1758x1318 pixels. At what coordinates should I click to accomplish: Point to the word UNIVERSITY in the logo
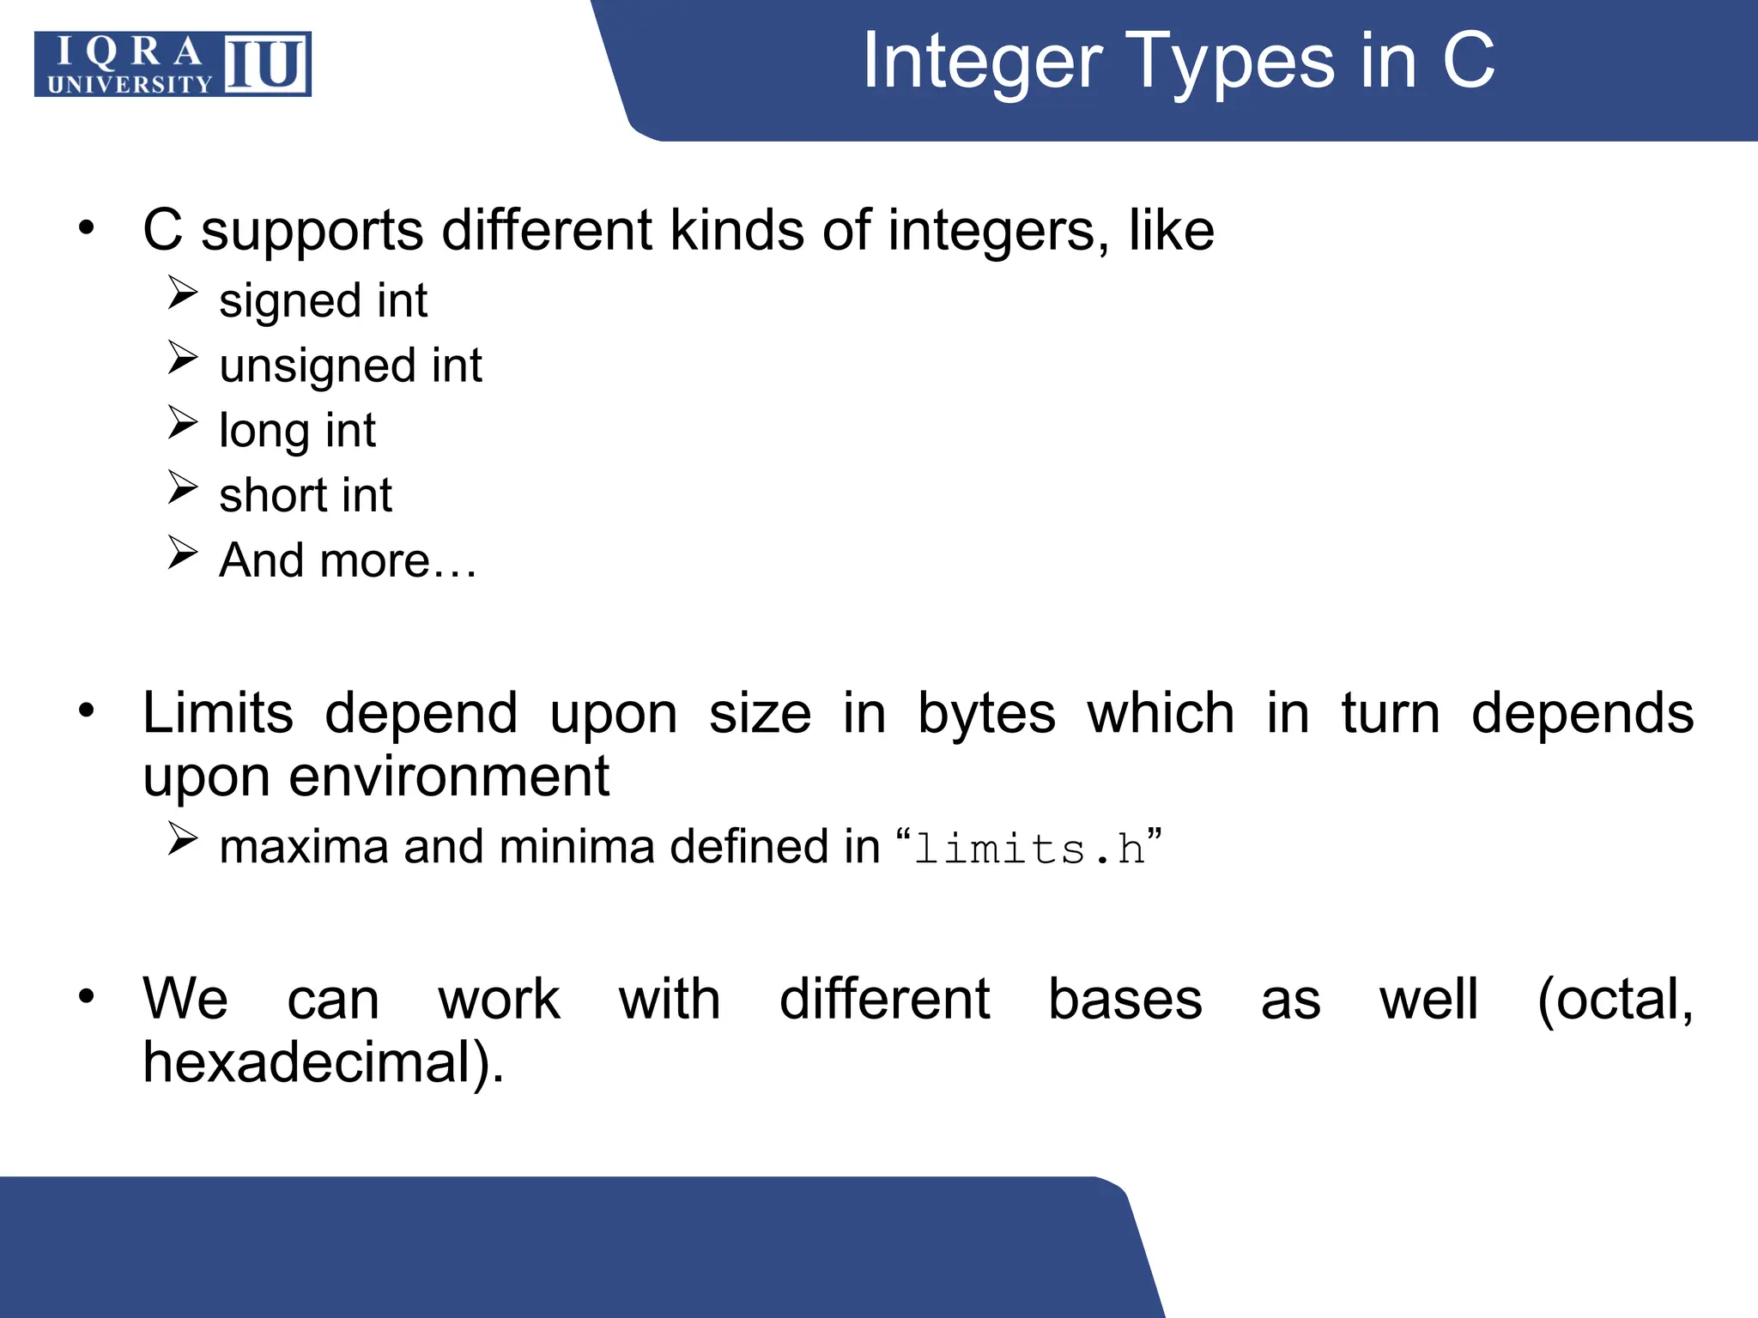(x=130, y=84)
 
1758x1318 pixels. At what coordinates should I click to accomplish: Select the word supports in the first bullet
(x=312, y=232)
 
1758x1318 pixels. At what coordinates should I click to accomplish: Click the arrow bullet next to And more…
(x=183, y=553)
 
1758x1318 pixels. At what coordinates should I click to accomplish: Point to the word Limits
(x=218, y=714)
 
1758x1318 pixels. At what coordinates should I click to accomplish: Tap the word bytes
(x=986, y=714)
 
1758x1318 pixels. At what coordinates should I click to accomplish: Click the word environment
(x=449, y=777)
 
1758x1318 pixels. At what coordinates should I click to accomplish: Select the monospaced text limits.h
(x=1029, y=849)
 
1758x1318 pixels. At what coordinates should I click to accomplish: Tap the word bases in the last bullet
(x=1125, y=1001)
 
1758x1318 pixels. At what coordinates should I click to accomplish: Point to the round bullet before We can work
(x=86, y=996)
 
